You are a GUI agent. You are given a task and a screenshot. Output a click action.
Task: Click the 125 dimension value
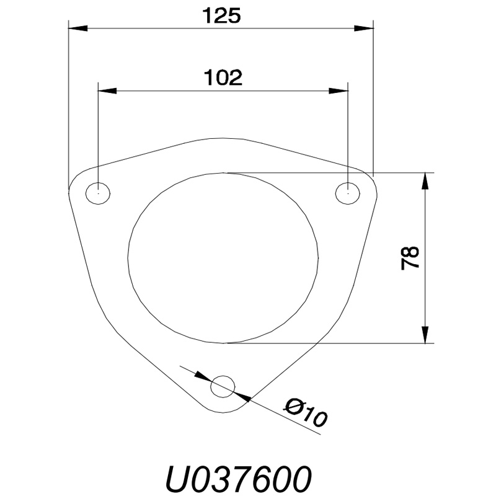click(221, 16)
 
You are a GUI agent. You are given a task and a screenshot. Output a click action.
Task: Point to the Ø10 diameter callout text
click(305, 413)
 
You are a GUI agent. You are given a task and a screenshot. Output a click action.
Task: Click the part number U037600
click(237, 479)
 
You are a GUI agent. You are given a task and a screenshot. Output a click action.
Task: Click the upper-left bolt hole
click(98, 193)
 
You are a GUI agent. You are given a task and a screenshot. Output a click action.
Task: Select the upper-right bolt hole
click(348, 193)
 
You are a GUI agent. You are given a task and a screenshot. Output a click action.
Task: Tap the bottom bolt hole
click(223, 386)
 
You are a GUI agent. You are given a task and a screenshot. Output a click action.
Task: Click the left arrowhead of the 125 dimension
click(78, 28)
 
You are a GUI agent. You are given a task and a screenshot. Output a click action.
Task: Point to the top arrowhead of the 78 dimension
click(425, 182)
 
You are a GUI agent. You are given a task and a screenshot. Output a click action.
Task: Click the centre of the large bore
click(223, 257)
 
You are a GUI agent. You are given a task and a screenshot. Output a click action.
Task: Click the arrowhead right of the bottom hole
click(242, 396)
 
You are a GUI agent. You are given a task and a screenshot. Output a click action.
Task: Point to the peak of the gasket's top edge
click(223, 138)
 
